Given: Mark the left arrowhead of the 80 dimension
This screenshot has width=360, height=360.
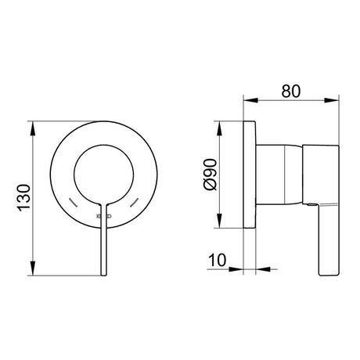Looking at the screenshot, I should [x=248, y=99].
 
